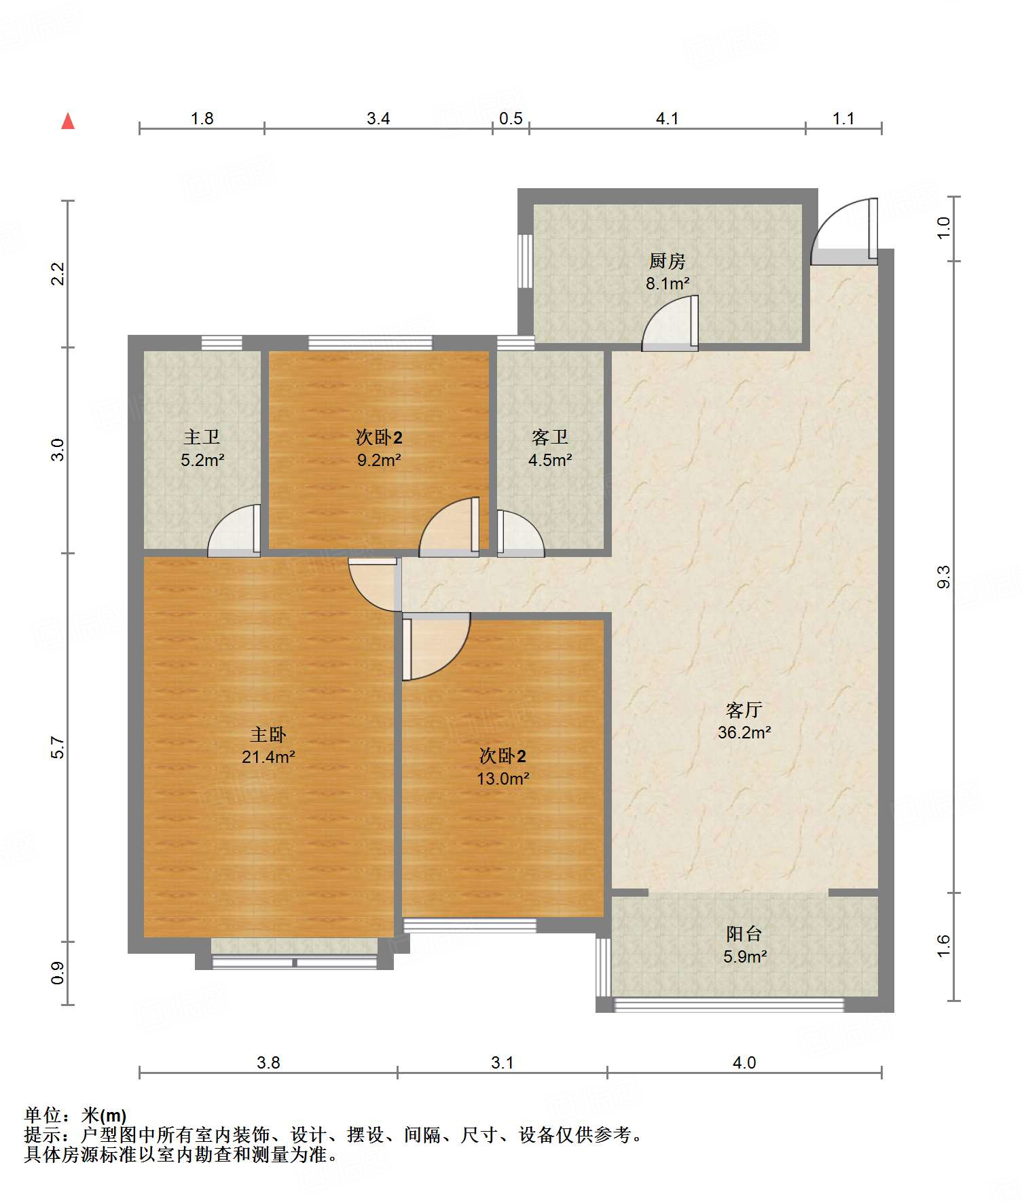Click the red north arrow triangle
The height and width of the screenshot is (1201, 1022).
tap(68, 121)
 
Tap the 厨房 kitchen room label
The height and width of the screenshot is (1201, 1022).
tap(667, 261)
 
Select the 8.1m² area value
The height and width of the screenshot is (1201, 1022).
tap(668, 283)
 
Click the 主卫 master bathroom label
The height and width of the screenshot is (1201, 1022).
tap(202, 437)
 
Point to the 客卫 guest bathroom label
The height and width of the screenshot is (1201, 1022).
tap(549, 437)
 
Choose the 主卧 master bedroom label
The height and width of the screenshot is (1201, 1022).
tap(268, 734)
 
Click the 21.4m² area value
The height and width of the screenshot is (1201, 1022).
tap(268, 757)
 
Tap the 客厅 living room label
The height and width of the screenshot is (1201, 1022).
tap(744, 710)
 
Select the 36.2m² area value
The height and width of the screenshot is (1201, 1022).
tap(744, 732)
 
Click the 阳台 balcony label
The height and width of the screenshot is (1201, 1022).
tap(744, 934)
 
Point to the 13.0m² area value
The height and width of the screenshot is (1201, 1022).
tap(503, 778)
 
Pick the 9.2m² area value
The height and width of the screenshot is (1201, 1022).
tap(379, 460)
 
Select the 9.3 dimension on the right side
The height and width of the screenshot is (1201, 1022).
tap(943, 577)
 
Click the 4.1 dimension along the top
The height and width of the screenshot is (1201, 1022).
tap(667, 119)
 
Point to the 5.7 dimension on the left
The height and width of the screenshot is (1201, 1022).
tap(58, 747)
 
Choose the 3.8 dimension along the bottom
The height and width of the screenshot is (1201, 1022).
tap(268, 1062)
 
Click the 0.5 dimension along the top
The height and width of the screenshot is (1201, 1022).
tap(511, 119)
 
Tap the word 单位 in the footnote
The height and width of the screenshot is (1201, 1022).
tap(43, 1115)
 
